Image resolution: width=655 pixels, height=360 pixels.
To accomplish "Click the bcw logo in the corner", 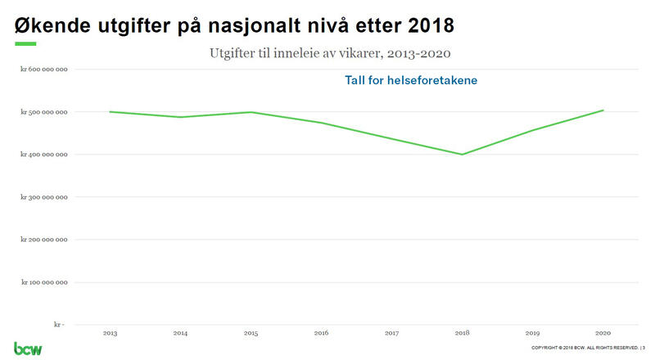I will (28, 348).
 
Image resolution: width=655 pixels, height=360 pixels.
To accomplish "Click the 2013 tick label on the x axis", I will (110, 333).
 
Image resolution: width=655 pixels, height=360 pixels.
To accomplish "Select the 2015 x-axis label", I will (251, 333).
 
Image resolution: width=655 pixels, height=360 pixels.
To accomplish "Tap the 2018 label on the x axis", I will (462, 333).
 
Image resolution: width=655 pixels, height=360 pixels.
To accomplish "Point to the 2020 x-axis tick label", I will (603, 333).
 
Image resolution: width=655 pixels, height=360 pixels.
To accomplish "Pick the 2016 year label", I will (321, 333).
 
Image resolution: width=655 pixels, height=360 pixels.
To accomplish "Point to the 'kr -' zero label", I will (59, 325).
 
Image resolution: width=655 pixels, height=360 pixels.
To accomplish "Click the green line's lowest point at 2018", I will (462, 154).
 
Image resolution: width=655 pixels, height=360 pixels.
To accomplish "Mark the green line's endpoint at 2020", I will (603, 110).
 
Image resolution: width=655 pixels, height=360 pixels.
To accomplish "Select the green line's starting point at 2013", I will (110, 111).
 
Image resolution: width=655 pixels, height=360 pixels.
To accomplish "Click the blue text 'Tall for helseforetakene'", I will (411, 81).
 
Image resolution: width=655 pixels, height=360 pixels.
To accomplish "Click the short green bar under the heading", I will (25, 43).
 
